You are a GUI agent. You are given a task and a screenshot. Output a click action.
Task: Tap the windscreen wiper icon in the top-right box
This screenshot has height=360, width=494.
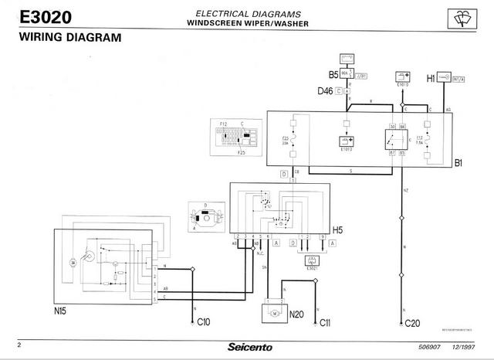pyautogui.click(x=465, y=18)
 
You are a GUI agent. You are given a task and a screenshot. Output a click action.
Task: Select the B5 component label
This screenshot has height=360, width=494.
pyautogui.click(x=333, y=75)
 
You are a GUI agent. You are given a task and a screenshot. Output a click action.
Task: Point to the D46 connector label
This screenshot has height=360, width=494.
pyautogui.click(x=325, y=90)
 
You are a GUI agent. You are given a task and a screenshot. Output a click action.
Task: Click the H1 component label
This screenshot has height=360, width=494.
pyautogui.click(x=431, y=78)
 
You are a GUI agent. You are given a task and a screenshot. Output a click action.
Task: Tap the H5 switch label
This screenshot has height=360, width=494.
pyautogui.click(x=337, y=229)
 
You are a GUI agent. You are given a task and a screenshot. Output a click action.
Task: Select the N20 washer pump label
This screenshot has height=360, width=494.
pyautogui.click(x=296, y=315)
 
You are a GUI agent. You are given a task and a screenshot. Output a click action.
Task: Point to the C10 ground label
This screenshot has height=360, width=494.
pyautogui.click(x=204, y=321)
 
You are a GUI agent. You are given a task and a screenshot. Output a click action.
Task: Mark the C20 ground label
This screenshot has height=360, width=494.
pyautogui.click(x=413, y=323)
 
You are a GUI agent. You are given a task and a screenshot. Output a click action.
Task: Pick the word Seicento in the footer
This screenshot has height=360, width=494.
pyautogui.click(x=249, y=347)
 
